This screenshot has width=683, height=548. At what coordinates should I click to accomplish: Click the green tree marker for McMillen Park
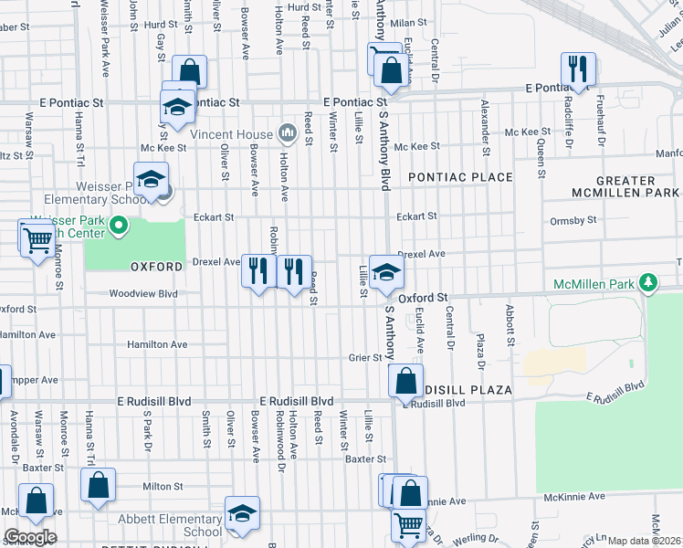tap(647, 283)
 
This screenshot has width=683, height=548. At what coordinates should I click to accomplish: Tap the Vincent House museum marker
tap(288, 134)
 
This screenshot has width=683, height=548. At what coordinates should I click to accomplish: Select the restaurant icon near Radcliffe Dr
tap(578, 68)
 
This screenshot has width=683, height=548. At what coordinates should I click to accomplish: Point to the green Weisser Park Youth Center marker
tap(119, 224)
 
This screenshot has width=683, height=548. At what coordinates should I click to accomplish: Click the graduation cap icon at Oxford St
tap(386, 270)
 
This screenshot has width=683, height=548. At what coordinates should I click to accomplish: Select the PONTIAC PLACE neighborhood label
tap(460, 176)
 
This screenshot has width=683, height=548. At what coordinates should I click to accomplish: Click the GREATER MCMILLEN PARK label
tap(625, 187)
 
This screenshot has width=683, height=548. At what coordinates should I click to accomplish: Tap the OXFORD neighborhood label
tap(151, 267)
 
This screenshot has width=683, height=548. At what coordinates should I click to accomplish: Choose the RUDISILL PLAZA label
tap(467, 390)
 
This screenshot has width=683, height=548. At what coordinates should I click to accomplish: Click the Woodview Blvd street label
tap(142, 294)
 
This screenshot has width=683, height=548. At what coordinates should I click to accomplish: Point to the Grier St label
tap(365, 357)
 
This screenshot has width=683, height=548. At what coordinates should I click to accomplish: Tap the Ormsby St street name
tap(573, 220)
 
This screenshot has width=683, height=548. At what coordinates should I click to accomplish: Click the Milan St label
tap(408, 22)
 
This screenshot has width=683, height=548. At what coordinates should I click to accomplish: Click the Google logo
tap(31, 537)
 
